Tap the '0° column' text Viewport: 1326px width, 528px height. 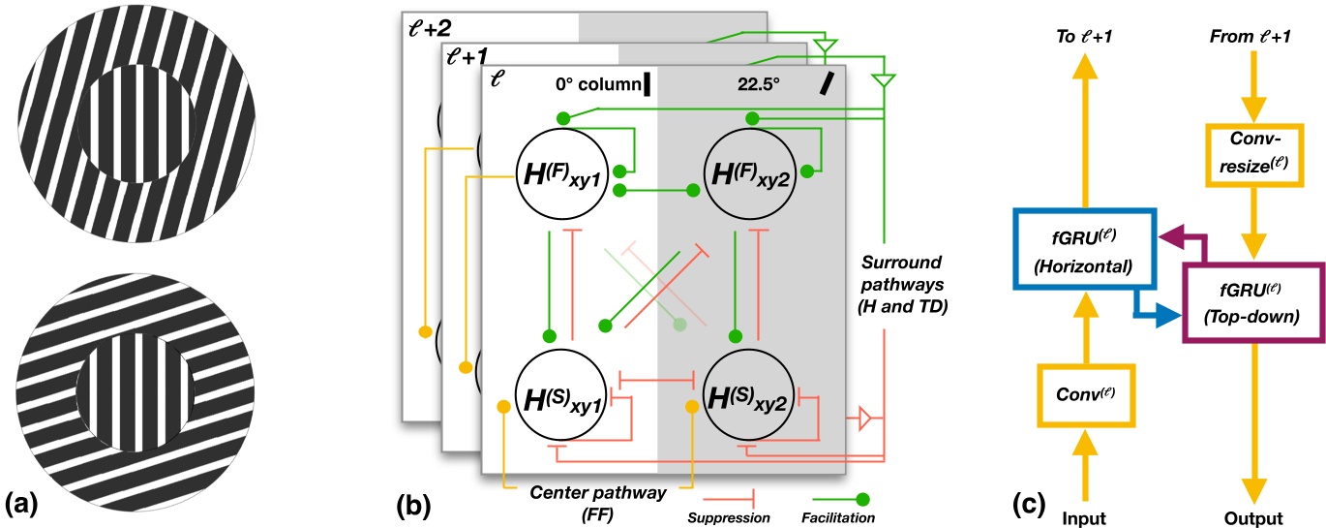[x=593, y=84]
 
